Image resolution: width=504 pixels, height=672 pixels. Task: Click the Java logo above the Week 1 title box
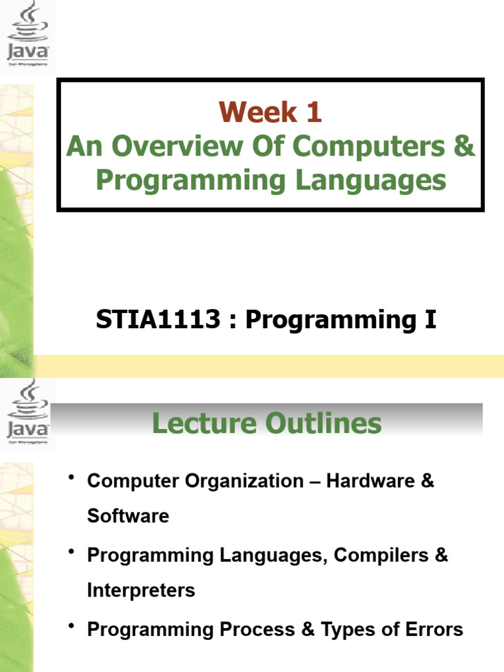pos(28,34)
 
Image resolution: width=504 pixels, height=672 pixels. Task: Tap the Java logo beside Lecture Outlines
pos(28,413)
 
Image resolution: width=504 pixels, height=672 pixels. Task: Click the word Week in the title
pos(258,112)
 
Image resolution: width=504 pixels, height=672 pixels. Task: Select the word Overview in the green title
pos(177,146)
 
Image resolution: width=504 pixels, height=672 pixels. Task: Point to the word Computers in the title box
pos(369,146)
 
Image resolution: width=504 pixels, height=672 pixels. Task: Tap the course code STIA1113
pos(158,320)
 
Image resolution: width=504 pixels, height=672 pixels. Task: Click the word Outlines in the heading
pos(324,423)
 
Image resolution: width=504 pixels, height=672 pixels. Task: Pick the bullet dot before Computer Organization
pos(72,477)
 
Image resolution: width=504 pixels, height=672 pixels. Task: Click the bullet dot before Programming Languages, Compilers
pos(72,551)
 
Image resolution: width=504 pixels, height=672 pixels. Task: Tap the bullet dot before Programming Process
pos(72,626)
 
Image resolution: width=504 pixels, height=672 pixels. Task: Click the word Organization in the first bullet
pos(244,481)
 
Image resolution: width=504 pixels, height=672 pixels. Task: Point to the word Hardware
pos(371,481)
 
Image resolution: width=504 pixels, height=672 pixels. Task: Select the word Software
pos(128,516)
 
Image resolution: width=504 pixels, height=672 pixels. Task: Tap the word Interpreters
pos(141,591)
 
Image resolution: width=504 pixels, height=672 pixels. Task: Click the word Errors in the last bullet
pos(434,629)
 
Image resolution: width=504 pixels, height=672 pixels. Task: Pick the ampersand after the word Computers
pos(465,146)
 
